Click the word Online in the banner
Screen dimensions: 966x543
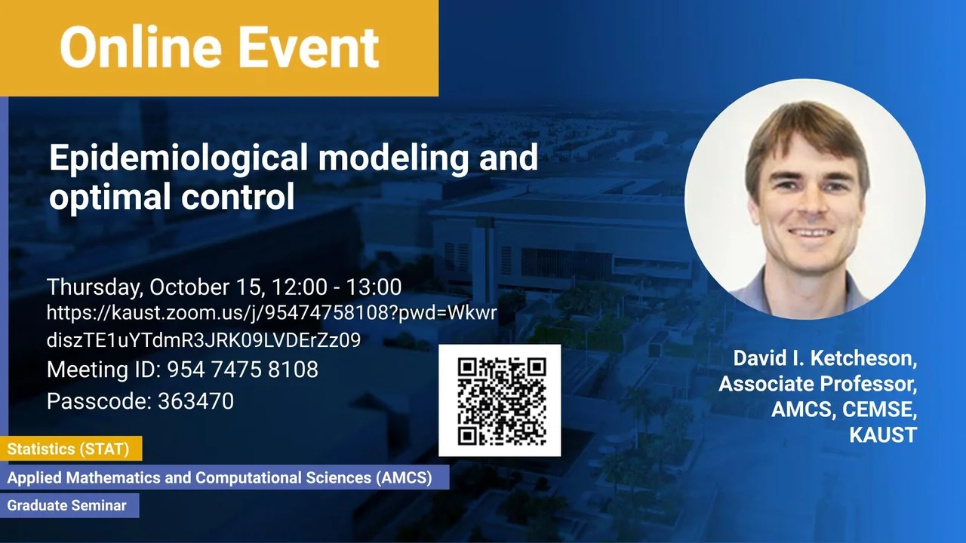[x=140, y=47]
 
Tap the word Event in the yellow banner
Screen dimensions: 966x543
[x=309, y=47]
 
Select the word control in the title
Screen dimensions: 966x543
[x=238, y=196]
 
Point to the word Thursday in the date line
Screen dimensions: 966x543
[x=95, y=288]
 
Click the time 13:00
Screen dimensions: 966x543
[x=374, y=287]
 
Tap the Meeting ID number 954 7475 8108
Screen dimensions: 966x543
[x=242, y=370]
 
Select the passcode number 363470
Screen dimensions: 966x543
[x=195, y=401]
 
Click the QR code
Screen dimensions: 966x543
[x=500, y=400]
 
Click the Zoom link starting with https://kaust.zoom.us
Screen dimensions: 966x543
[x=272, y=327]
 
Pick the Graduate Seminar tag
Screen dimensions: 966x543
[x=69, y=505]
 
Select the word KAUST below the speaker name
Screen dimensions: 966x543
[x=883, y=435]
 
